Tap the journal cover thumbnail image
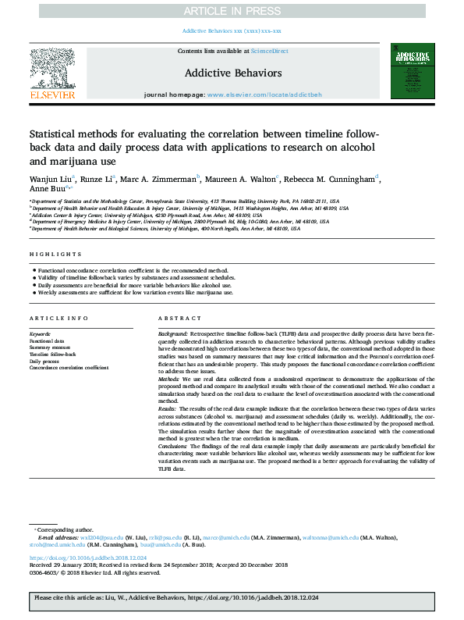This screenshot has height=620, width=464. (x=413, y=73)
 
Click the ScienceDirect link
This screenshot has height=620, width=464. (x=270, y=51)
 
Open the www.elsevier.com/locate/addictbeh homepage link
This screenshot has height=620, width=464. (x=264, y=94)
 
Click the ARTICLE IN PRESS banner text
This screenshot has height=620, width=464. (x=232, y=10)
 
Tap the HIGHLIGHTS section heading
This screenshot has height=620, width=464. (x=55, y=255)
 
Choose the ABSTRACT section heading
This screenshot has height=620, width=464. (x=179, y=319)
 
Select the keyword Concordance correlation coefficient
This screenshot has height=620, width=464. (x=69, y=367)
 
